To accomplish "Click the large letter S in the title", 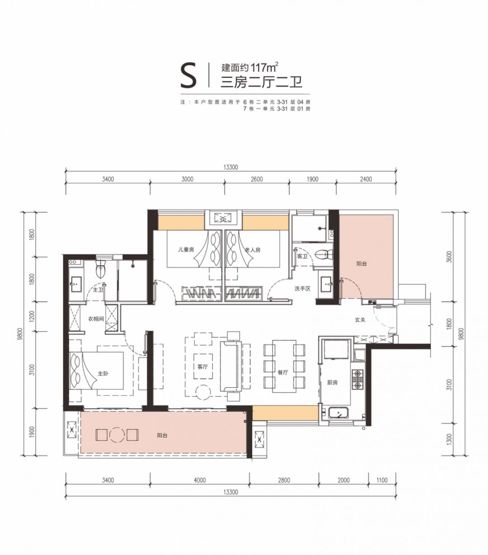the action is point(188,75).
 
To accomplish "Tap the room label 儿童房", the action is point(186,249).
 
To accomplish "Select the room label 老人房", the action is point(253,249).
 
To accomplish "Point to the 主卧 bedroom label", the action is point(103,373).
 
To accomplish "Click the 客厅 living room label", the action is point(202,367).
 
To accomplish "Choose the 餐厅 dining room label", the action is point(283,372).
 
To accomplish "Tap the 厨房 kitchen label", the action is point(332,382).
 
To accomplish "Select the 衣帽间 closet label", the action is point(96,319).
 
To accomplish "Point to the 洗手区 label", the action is point(302,288).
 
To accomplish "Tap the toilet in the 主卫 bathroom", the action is point(100,269).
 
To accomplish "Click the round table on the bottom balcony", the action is point(117,435).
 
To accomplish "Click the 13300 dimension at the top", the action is point(230,167).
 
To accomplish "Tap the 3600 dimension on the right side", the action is point(449,257).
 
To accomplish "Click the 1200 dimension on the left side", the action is point(32,317).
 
